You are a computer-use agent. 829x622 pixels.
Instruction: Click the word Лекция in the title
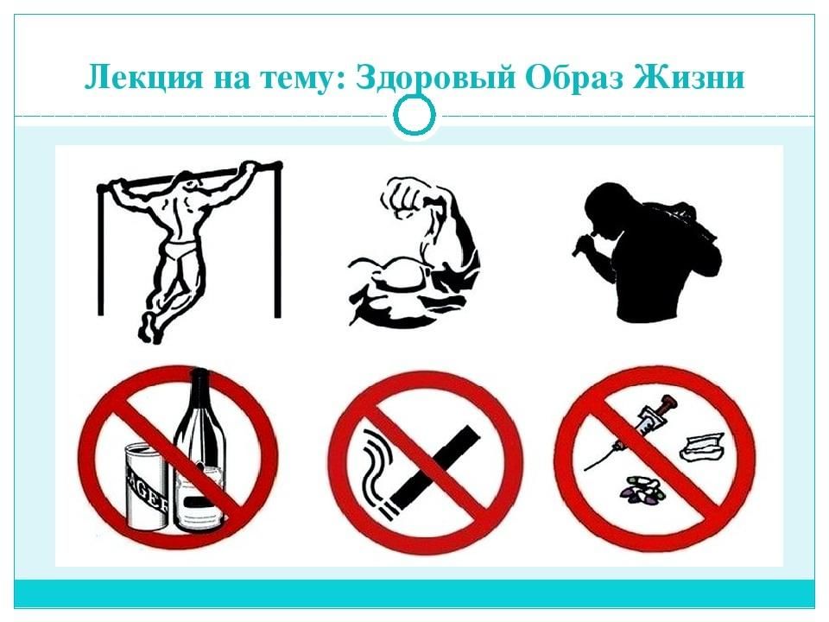[x=143, y=78]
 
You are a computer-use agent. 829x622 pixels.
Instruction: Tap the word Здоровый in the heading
[x=435, y=78]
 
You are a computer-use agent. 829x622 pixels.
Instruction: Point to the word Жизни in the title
[x=689, y=77]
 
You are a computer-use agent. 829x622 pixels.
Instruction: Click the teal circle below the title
[x=415, y=115]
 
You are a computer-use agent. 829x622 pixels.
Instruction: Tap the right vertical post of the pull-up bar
[x=277, y=241]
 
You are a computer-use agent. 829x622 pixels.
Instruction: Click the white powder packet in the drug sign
[x=701, y=447]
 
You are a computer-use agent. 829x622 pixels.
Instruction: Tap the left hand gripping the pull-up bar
[x=117, y=187]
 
